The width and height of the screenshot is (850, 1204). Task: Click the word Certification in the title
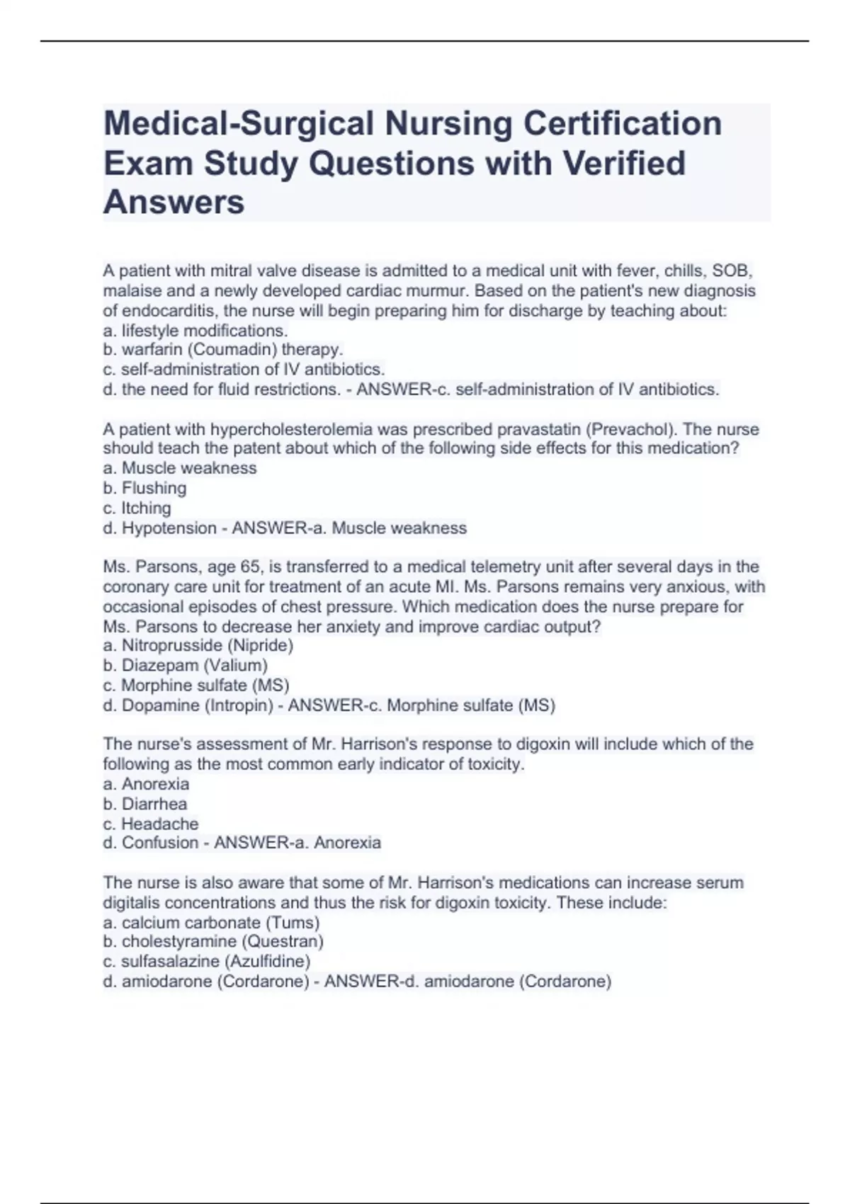(x=623, y=123)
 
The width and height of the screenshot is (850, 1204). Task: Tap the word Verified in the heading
(x=624, y=163)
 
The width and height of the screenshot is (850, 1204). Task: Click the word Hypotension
(x=169, y=528)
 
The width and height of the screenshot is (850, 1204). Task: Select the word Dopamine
(x=160, y=705)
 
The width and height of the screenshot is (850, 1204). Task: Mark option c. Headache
(x=151, y=824)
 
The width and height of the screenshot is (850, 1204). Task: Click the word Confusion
(x=159, y=843)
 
